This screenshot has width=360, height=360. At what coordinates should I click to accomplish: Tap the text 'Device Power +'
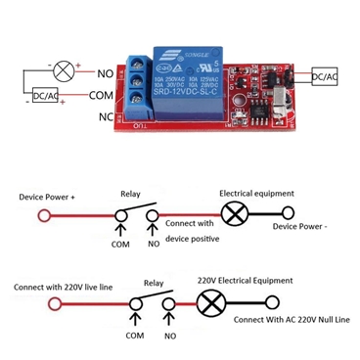point(48,197)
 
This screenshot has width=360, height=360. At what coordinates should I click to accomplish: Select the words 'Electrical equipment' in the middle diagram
point(252,193)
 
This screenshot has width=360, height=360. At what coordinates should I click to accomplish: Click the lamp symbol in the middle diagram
point(235,215)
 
